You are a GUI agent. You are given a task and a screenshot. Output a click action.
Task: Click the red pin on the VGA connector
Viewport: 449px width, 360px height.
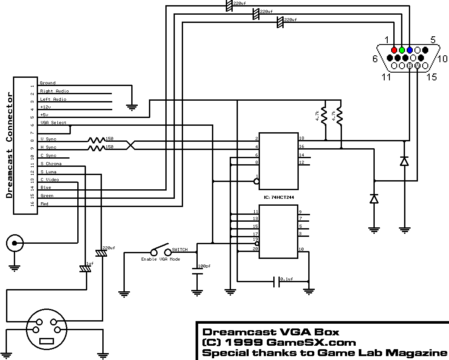pyautogui.click(x=394, y=50)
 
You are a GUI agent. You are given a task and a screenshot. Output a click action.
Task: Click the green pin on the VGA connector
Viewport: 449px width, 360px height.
pyautogui.click(x=402, y=50)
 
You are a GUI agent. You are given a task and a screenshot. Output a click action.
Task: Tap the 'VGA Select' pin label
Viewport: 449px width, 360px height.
pyautogui.click(x=54, y=123)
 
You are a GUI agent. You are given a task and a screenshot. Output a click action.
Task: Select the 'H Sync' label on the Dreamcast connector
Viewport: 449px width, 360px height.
pyautogui.click(x=48, y=147)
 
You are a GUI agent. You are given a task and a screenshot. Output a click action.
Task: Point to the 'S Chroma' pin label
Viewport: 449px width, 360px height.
pyautogui.click(x=51, y=164)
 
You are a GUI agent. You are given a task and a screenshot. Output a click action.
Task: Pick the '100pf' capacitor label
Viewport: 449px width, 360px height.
pyautogui.click(x=204, y=266)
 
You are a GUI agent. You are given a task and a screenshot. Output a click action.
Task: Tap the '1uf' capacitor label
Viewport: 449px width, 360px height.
pyautogui.click(x=89, y=263)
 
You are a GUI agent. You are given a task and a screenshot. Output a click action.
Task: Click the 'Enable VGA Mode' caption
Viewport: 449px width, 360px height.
pyautogui.click(x=161, y=259)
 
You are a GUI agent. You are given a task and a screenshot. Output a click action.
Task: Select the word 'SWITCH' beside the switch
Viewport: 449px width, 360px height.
pyautogui.click(x=180, y=250)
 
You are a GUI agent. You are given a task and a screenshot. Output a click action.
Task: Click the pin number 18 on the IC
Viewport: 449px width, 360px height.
pyautogui.click(x=301, y=138)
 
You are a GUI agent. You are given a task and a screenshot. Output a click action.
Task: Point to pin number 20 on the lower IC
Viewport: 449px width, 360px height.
pyautogui.click(x=256, y=249)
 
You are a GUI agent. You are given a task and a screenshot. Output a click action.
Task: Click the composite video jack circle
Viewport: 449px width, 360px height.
pyautogui.click(x=15, y=244)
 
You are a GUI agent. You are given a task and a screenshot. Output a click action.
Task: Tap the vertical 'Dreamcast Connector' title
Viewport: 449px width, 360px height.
pyautogui.click(x=9, y=145)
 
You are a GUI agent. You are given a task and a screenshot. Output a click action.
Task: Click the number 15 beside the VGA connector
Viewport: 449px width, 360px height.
pyautogui.click(x=432, y=77)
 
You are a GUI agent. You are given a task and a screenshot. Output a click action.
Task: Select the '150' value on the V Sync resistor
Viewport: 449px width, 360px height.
pyautogui.click(x=109, y=139)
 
